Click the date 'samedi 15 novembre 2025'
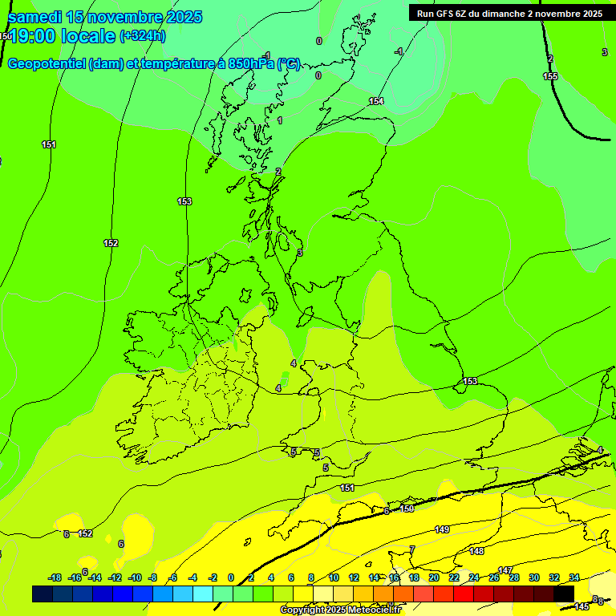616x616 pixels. (x=104, y=17)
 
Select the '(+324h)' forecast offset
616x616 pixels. (x=143, y=35)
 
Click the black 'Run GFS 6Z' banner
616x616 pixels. (x=509, y=13)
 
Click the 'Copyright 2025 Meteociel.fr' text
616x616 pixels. (x=340, y=610)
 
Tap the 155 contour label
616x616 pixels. (x=550, y=76)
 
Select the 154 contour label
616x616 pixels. (x=376, y=101)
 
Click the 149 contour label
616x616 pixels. (x=442, y=529)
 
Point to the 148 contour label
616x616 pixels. (x=477, y=551)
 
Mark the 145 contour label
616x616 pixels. (x=582, y=606)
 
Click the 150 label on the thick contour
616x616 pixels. (x=407, y=509)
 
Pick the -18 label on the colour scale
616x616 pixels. (x=55, y=577)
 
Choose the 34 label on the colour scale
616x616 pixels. (x=574, y=577)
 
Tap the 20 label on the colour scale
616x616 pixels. (x=434, y=577)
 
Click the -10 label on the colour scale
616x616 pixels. (x=135, y=577)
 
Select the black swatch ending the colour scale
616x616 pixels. (x=564, y=594)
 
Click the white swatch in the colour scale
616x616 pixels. (x=323, y=594)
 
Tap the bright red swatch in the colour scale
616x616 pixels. (x=464, y=594)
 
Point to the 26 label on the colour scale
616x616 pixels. (x=494, y=577)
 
